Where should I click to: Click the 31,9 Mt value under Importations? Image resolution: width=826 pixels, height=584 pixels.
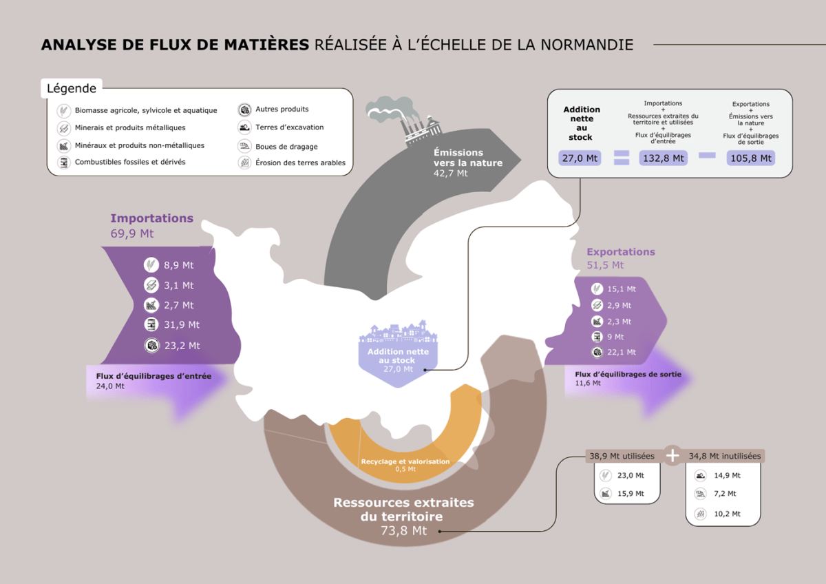pyautogui.click(x=181, y=324)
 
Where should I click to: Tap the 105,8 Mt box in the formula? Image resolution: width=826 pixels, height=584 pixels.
pyautogui.click(x=750, y=158)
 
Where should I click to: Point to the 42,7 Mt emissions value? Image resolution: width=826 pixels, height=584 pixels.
pyautogui.click(x=450, y=174)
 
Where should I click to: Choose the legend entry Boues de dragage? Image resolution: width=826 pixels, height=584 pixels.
pyautogui.click(x=286, y=147)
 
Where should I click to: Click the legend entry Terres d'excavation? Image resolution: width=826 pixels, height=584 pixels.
pyautogui.click(x=289, y=127)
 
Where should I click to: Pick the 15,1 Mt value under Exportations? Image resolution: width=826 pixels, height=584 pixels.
pyautogui.click(x=622, y=289)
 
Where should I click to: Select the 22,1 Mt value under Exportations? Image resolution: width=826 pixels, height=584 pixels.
pyautogui.click(x=622, y=352)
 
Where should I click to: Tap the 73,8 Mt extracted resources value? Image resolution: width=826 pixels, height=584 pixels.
pyautogui.click(x=403, y=531)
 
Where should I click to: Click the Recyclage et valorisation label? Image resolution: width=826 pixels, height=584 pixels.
pyautogui.click(x=405, y=461)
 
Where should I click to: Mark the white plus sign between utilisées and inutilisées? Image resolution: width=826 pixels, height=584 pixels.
pyautogui.click(x=673, y=455)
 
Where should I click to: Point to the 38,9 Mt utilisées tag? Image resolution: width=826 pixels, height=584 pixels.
pyautogui.click(x=622, y=456)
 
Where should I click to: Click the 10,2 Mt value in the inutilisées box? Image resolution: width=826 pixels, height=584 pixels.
pyautogui.click(x=727, y=514)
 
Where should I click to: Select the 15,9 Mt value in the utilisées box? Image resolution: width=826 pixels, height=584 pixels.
pyautogui.click(x=631, y=494)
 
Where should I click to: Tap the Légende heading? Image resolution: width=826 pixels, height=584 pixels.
pyautogui.click(x=72, y=88)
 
